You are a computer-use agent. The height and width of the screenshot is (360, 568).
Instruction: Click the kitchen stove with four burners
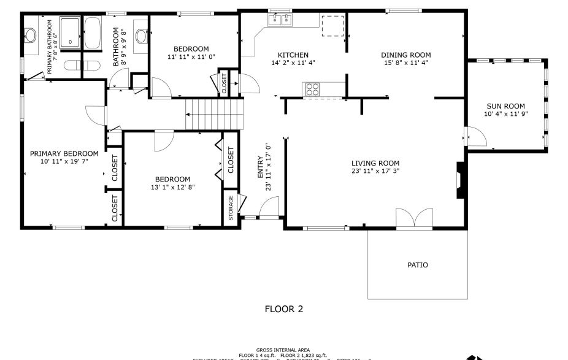point(313,89)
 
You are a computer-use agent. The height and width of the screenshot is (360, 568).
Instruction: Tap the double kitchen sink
point(281,20)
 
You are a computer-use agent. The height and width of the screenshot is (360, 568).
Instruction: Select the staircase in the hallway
point(215,114)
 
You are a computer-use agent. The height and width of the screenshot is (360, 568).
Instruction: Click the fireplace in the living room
point(460,180)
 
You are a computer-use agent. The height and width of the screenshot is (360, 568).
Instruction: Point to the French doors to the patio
point(410,219)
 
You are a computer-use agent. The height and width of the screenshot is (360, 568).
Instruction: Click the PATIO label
point(418,266)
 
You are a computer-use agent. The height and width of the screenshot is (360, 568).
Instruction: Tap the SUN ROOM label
point(505,106)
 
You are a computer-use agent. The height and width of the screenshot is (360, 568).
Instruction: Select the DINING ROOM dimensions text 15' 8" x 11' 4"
point(406,63)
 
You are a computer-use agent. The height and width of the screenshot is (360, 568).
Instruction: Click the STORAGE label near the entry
point(231,208)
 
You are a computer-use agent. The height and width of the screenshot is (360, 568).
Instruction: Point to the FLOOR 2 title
point(284,309)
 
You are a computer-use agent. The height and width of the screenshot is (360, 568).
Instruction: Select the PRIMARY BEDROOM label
point(64,153)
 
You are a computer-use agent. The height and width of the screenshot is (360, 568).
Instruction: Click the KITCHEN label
point(293,55)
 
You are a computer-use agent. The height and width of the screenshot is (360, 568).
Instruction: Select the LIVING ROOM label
point(375,163)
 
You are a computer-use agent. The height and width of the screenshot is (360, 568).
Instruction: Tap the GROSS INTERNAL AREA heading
point(283,350)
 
